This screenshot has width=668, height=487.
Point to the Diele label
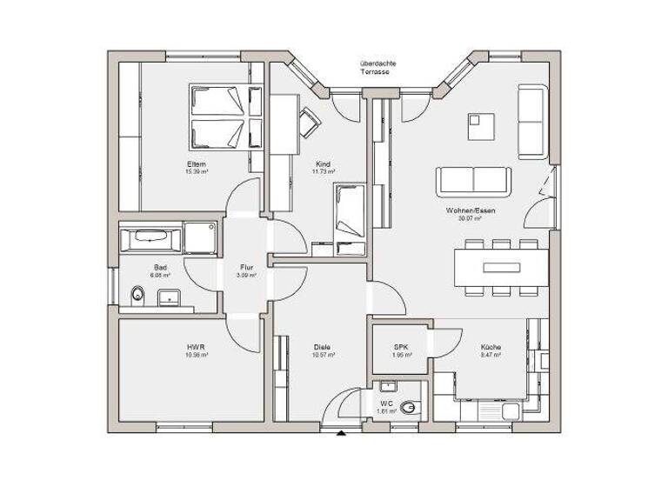click(322, 346)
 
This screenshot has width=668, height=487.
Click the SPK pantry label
click(400, 346)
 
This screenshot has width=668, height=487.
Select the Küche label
click(491, 346)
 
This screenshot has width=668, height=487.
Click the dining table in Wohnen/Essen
click(500, 266)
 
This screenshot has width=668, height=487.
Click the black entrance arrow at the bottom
click(341, 432)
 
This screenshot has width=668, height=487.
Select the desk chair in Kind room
click(309, 122)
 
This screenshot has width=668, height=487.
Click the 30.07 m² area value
click(468, 219)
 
